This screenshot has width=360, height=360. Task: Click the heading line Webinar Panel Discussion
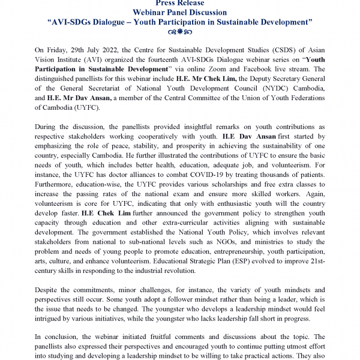click(x=179, y=12)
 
